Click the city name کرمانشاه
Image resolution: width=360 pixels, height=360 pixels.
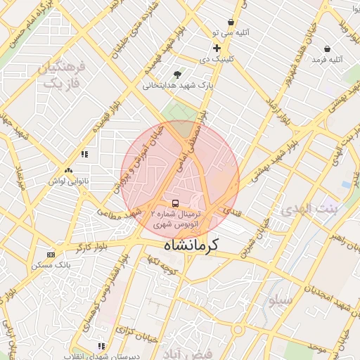click(x=191, y=245)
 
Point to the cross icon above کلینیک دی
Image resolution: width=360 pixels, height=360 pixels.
click(x=217, y=48)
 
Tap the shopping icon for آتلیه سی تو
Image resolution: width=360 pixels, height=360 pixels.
click(x=231, y=22)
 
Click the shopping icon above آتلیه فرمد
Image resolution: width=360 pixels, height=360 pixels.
click(x=328, y=49)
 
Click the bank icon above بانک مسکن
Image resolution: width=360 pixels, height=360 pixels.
click(x=51, y=255)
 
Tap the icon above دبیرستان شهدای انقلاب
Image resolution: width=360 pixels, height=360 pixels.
click(x=102, y=346)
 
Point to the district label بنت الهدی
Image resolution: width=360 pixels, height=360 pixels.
click(x=309, y=209)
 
